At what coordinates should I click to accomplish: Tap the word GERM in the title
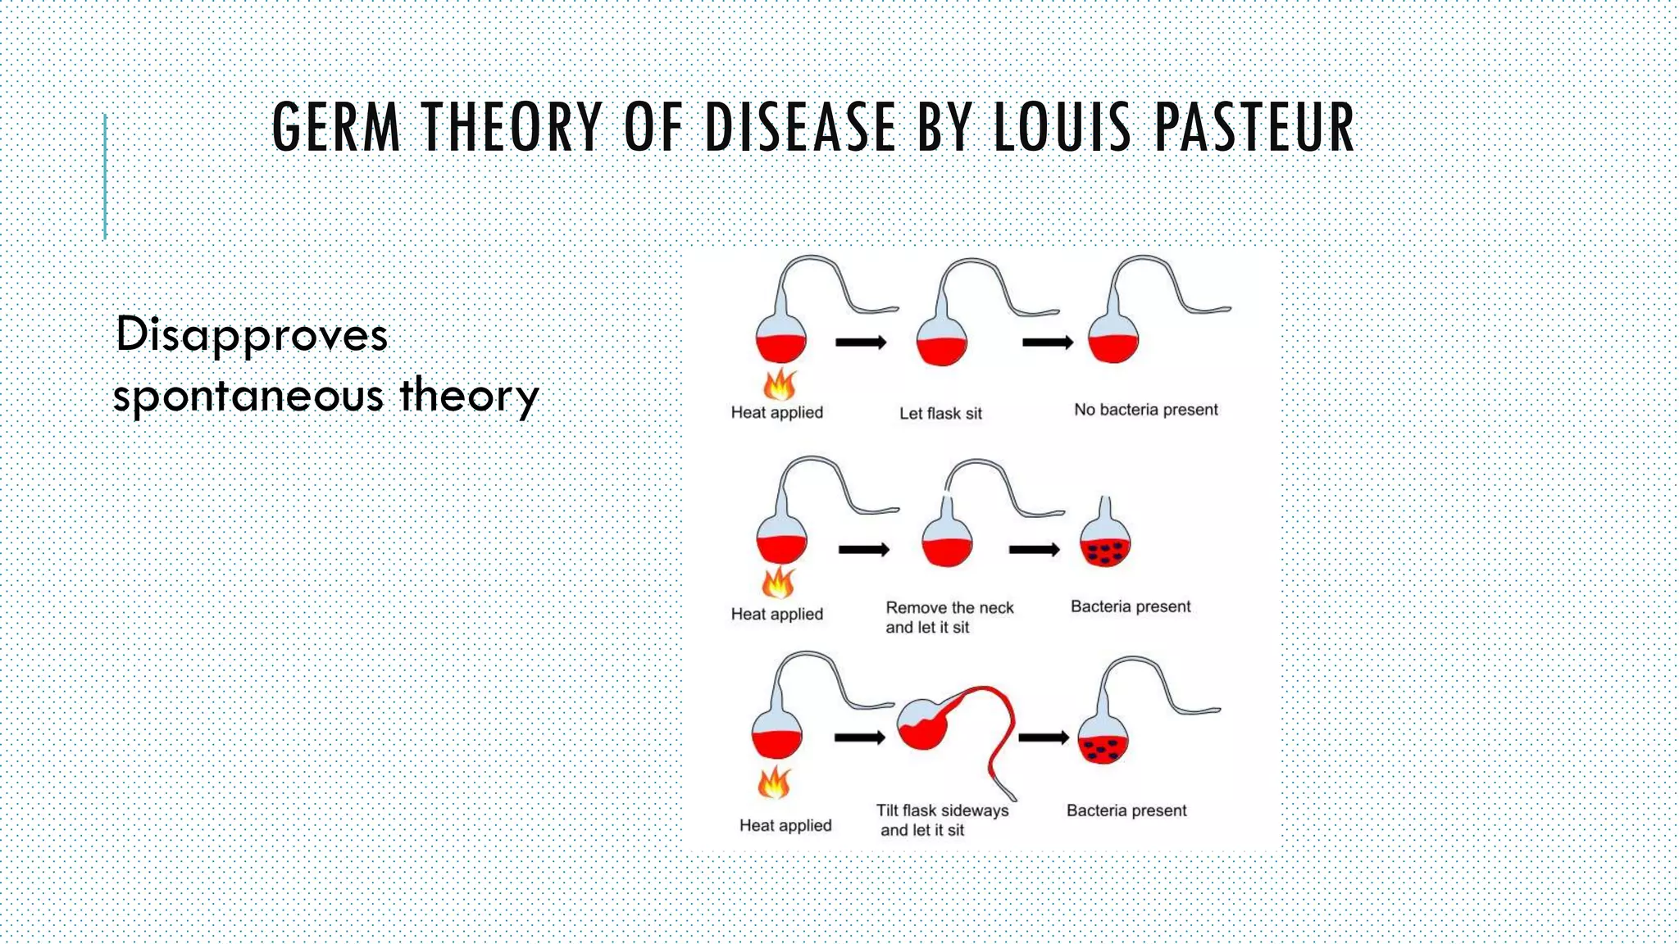tap(336, 128)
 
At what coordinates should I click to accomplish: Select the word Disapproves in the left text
tap(251, 336)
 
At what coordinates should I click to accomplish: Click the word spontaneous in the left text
tap(248, 397)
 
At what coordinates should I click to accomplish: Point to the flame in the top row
tap(780, 383)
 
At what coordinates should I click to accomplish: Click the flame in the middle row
tap(778, 583)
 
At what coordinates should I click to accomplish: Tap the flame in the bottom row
tap(774, 783)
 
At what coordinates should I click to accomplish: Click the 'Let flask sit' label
tap(940, 414)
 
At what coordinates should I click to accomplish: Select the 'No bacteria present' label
tap(1146, 410)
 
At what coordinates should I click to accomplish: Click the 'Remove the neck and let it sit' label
tap(949, 618)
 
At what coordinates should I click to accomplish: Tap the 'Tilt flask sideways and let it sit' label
tap(941, 820)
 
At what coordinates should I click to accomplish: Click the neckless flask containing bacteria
tap(1105, 545)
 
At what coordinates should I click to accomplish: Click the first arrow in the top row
tap(861, 343)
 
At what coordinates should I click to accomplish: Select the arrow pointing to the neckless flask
tap(1034, 550)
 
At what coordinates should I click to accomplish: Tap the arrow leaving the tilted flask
tap(1043, 738)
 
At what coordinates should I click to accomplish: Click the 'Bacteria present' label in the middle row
tap(1131, 607)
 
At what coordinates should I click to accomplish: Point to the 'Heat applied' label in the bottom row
tap(785, 825)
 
